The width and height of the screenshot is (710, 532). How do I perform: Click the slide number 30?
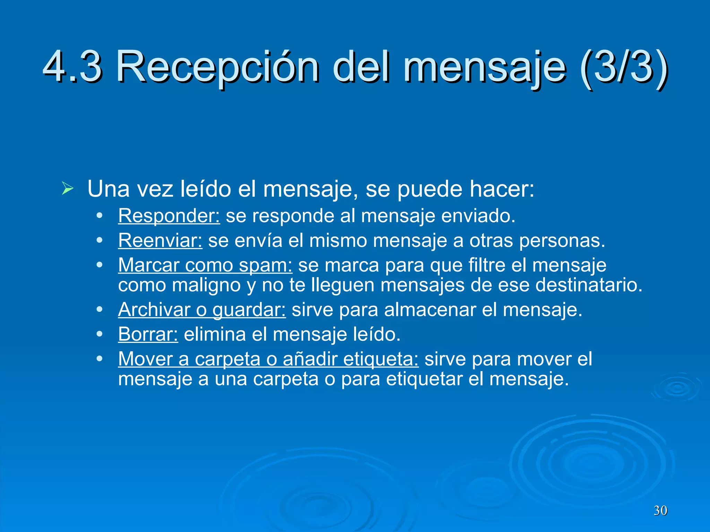coord(660,511)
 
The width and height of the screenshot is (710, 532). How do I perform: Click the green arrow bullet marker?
coord(68,188)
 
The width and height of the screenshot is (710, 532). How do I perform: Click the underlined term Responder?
coord(169,216)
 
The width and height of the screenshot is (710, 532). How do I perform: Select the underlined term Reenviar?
coord(160,240)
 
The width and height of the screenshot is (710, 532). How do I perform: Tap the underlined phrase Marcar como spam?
coord(205,265)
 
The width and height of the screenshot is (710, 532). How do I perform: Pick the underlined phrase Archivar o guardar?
coord(202,310)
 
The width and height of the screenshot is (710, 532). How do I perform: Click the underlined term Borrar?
coord(148,334)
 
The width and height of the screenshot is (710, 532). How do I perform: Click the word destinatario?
coord(589,285)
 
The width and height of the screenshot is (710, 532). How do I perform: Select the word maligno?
coord(206,286)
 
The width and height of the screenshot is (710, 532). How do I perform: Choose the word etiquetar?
coord(424,379)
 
